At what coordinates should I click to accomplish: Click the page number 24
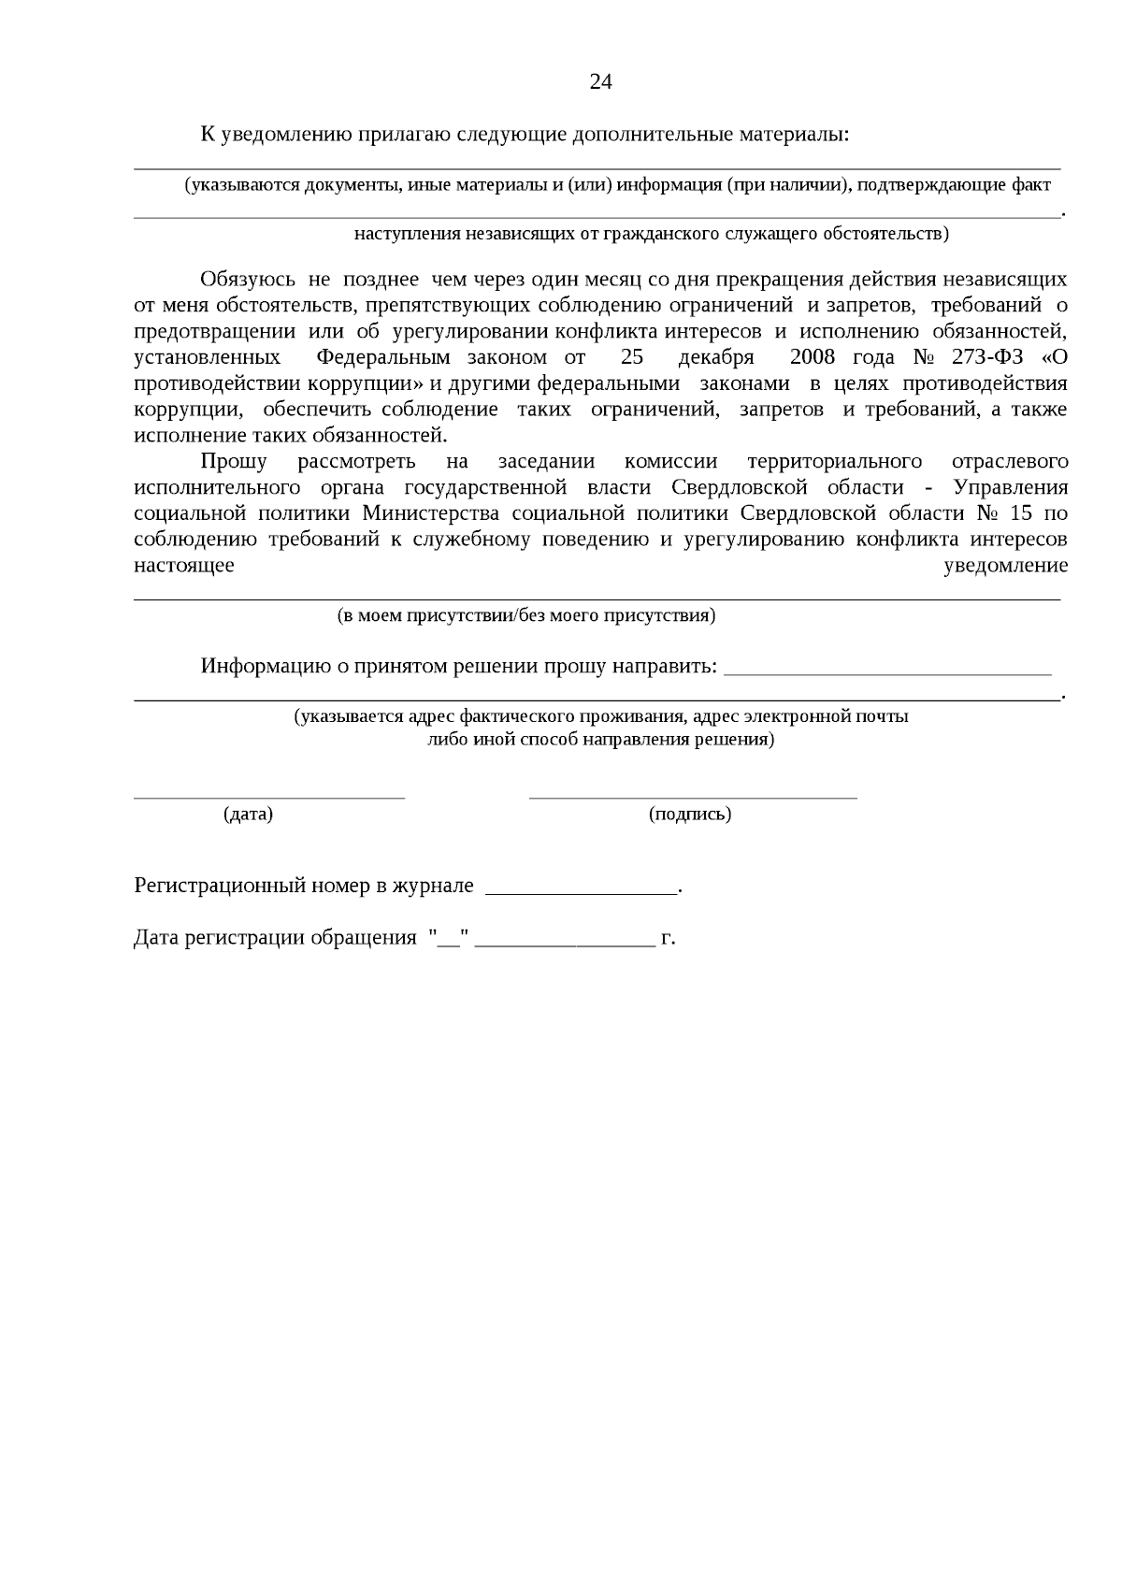pos(600,82)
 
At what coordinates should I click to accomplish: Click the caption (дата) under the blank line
pos(248,814)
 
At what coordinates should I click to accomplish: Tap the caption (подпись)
pos(690,814)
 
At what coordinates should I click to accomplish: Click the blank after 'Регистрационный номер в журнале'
pos(582,893)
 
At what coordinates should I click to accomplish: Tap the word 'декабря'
pos(715,357)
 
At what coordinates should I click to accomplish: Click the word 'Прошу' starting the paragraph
pos(234,461)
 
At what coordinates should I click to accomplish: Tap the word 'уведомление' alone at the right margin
pos(1006,565)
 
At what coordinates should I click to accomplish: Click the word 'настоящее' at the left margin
pos(184,565)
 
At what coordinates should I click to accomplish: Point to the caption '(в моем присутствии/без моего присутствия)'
pos(526,615)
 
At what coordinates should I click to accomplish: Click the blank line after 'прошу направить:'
pos(888,672)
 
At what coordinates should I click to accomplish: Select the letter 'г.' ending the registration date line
pos(668,937)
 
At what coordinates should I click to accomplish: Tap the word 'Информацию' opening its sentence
pos(260,666)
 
